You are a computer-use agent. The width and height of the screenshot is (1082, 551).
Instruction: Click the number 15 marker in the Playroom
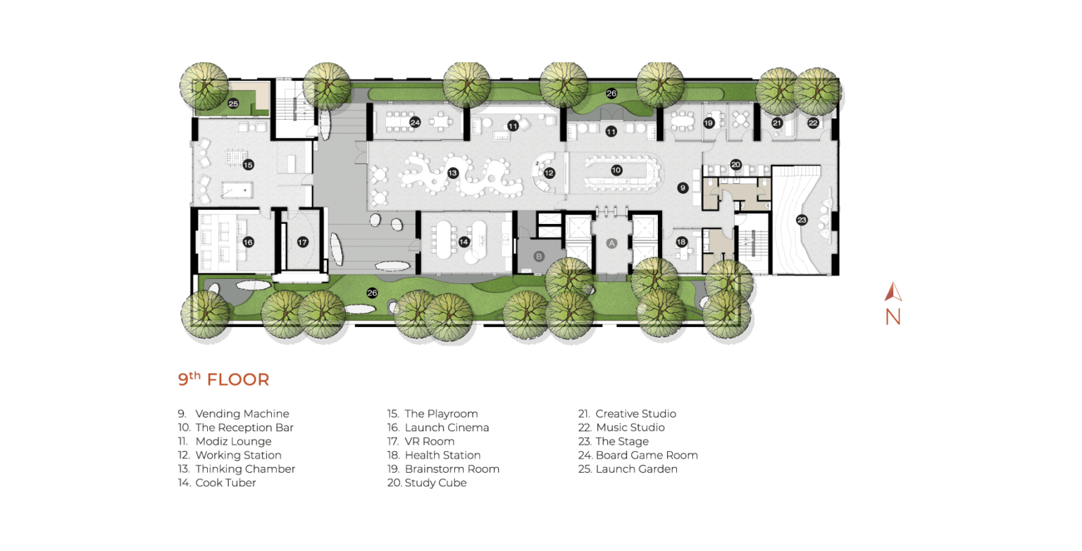click(248, 165)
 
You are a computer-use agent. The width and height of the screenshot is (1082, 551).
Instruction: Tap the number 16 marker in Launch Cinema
click(248, 242)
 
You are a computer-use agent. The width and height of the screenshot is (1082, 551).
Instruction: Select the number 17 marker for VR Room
click(302, 242)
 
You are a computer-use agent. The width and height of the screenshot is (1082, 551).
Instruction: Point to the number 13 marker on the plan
click(453, 173)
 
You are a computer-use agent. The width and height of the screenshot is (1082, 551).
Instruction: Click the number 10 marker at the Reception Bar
click(616, 170)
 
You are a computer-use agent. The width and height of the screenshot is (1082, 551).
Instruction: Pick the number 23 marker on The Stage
click(802, 221)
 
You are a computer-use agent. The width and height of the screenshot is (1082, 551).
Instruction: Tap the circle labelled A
click(612, 243)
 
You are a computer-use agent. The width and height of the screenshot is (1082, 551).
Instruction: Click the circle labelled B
click(539, 256)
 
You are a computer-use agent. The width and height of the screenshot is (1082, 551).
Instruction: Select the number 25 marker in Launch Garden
click(233, 104)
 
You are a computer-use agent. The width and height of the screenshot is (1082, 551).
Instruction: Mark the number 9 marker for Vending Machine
click(683, 187)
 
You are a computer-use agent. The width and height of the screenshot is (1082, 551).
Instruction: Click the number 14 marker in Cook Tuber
click(464, 242)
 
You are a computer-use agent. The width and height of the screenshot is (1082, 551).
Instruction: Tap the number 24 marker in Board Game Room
click(415, 123)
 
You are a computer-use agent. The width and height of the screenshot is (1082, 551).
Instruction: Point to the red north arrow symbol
click(893, 292)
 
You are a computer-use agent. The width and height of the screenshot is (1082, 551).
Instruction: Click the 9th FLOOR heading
click(223, 379)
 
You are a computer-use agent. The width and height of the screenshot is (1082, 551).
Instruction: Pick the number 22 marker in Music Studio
click(813, 123)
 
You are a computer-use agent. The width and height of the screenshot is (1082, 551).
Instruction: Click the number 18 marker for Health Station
click(682, 242)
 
